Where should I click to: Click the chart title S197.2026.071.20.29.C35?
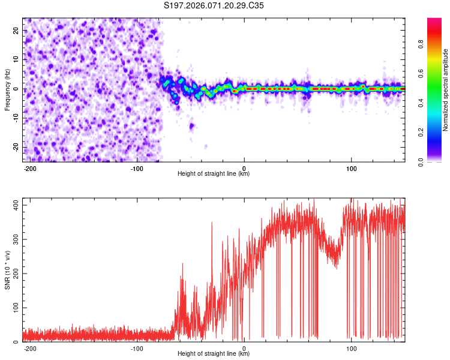click(x=214, y=7)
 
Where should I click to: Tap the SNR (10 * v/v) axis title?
click(x=7, y=269)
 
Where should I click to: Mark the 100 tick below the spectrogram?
click(x=351, y=168)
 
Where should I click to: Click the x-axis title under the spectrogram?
click(x=214, y=174)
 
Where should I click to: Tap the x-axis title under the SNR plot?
click(x=214, y=354)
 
